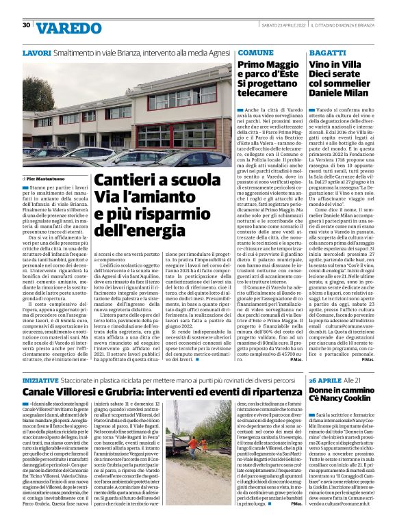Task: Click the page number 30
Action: (x=26, y=26)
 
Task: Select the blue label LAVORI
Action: (x=36, y=53)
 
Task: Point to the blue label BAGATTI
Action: (x=328, y=53)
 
